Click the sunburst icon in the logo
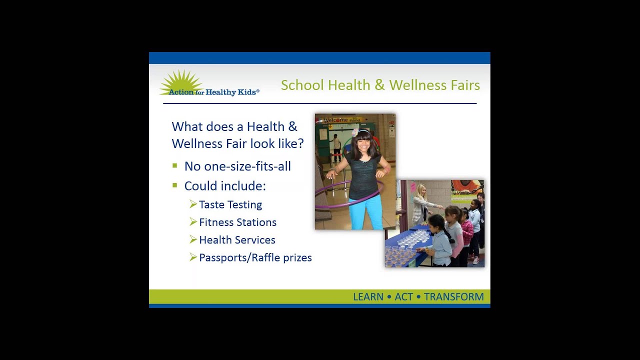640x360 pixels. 181,82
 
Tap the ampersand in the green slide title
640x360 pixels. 379,85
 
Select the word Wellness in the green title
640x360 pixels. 417,85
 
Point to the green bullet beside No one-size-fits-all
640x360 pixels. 175,165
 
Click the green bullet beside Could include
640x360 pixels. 175,185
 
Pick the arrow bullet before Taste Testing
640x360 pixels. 193,204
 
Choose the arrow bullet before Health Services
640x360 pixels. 193,239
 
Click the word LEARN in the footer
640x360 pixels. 368,297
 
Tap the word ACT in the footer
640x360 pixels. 403,297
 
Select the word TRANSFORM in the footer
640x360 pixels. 454,297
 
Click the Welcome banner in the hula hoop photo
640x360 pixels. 341,120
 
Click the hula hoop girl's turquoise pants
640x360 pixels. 366,213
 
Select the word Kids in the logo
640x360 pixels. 247,92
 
